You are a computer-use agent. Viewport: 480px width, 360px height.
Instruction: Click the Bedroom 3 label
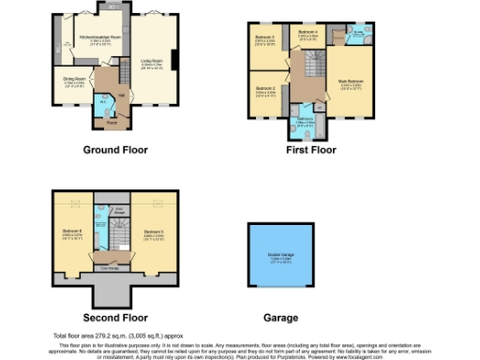click(265, 38)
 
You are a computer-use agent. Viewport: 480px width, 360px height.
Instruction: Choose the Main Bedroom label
click(350, 82)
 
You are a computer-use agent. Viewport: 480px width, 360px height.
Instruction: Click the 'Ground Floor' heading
click(112, 150)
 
